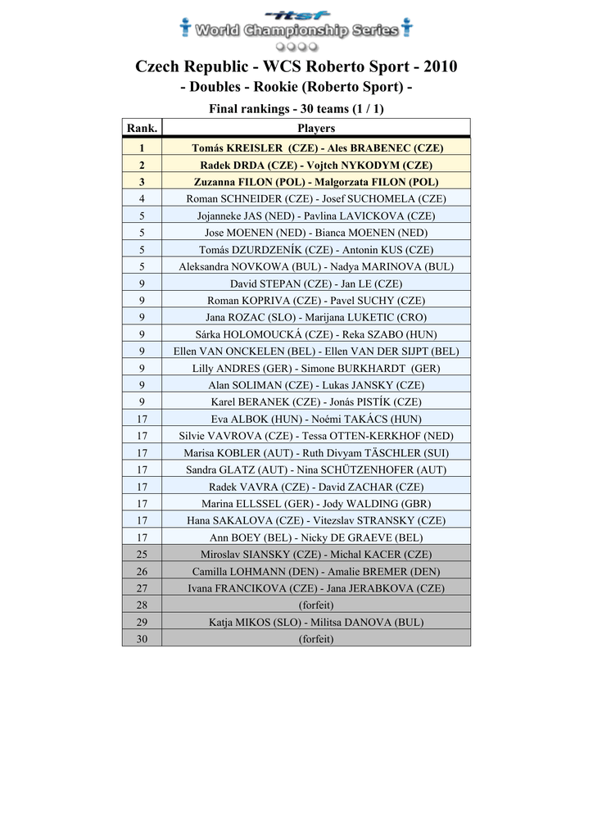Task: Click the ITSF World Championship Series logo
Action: [296, 29]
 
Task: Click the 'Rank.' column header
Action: [142, 128]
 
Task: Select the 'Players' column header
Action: [316, 128]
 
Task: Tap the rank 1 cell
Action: [142, 148]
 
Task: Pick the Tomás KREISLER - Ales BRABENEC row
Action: [316, 148]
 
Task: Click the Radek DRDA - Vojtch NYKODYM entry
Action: [316, 165]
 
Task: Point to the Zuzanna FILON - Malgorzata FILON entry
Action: [316, 182]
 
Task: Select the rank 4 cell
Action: [142, 199]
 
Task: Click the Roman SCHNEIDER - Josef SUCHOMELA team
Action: [316, 199]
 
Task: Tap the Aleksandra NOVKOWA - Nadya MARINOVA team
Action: [316, 266]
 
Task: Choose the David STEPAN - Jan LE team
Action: [316, 283]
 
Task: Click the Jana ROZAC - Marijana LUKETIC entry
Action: [316, 317]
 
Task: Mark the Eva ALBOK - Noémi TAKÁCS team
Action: [316, 419]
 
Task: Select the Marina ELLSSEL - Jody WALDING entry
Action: [316, 504]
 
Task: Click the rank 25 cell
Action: [142, 555]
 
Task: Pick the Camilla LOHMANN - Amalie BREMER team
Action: [316, 571]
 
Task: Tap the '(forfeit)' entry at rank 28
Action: [316, 605]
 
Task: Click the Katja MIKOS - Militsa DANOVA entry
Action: [316, 622]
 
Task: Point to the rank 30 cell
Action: [142, 639]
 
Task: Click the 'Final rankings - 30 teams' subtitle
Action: [296, 108]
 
